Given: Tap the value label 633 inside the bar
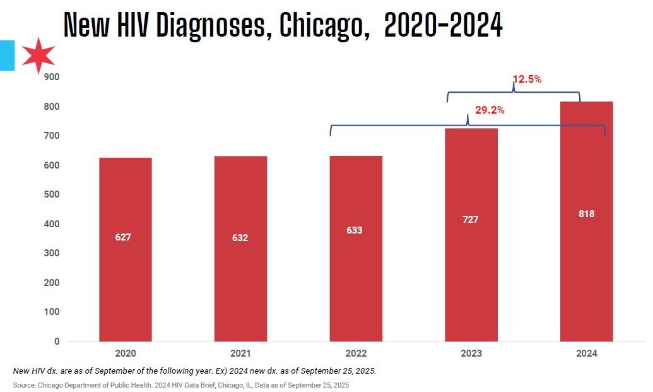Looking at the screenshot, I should [x=355, y=230].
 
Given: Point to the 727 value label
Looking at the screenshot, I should [x=470, y=220].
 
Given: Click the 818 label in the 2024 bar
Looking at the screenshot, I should [x=586, y=214].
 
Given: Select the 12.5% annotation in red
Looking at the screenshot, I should [x=527, y=80].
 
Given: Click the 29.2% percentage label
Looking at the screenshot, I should [x=490, y=110].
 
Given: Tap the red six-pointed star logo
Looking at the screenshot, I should [x=38, y=56].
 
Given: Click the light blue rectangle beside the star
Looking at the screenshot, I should [x=7, y=55].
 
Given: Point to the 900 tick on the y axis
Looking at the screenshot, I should [x=52, y=77].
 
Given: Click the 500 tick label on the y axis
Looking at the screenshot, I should [x=52, y=194].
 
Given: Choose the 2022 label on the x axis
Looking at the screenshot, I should [x=355, y=353].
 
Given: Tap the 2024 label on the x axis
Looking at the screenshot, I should [x=586, y=353].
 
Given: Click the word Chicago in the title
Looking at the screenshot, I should [x=324, y=26].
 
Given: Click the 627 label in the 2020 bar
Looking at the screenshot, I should [x=124, y=237].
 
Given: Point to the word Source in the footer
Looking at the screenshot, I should [x=23, y=384].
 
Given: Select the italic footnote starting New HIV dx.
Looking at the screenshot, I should [x=194, y=371].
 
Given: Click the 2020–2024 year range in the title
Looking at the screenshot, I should [x=443, y=26].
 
